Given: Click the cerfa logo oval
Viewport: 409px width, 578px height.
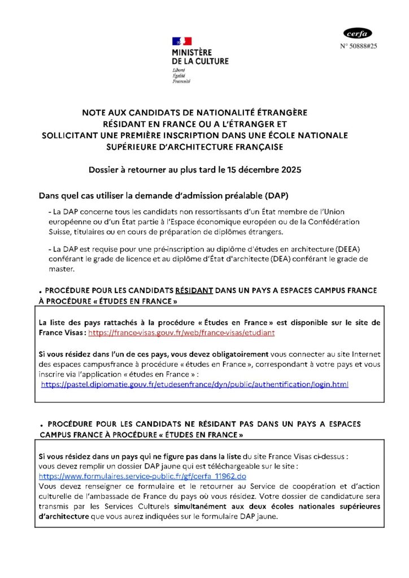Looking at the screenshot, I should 358,33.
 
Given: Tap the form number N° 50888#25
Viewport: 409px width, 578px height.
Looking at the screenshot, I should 359,46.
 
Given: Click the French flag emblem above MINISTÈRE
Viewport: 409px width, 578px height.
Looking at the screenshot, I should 182,41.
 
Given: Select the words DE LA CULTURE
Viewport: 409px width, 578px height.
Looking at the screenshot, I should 201,60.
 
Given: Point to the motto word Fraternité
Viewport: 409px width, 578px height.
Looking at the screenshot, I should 181,81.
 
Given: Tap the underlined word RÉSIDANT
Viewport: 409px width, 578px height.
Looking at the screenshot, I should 194,290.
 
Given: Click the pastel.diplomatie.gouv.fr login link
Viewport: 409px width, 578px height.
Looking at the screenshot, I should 195,384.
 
